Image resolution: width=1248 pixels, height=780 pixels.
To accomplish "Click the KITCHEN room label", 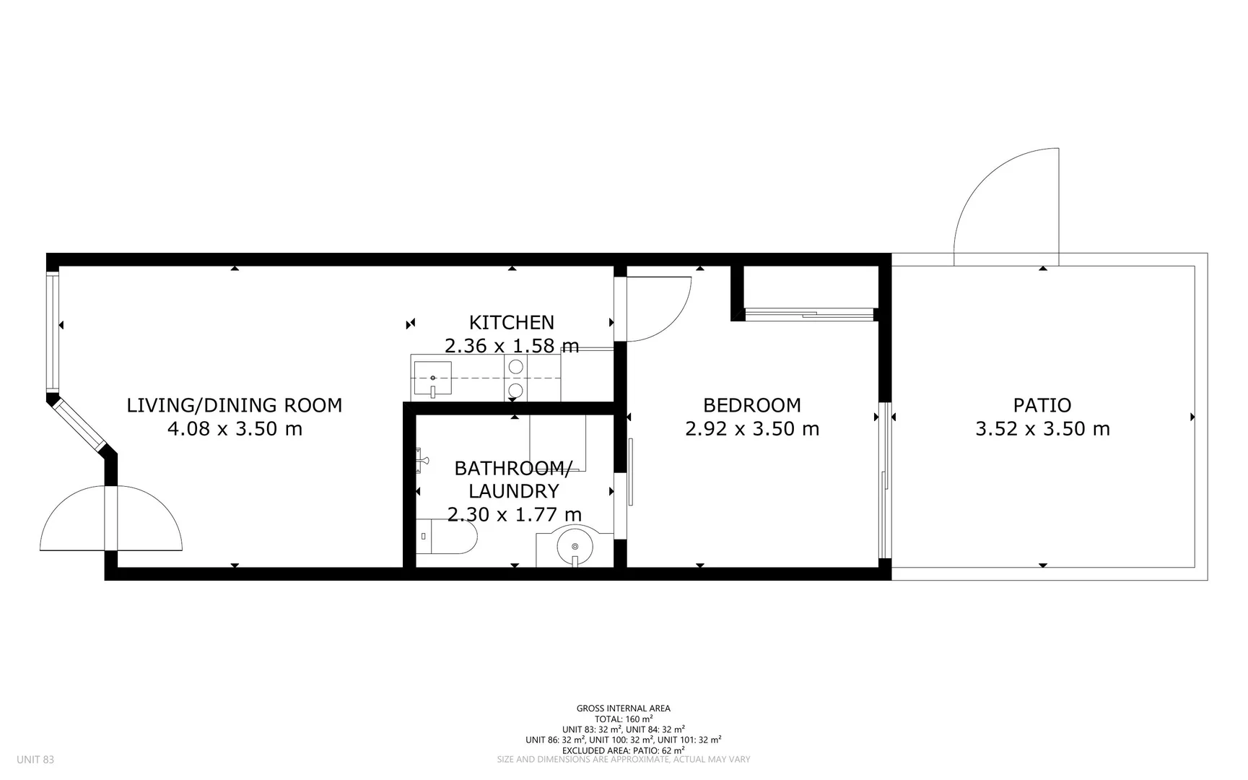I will point(511,322).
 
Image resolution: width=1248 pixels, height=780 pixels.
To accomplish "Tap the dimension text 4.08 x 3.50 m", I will point(235,429).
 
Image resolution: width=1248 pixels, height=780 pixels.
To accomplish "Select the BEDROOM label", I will point(751,405).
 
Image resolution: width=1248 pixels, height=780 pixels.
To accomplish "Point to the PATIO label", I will point(1042,405).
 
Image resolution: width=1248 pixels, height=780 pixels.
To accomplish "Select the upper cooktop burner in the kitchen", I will point(515,367).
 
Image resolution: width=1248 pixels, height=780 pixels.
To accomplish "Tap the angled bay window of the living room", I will point(78,426).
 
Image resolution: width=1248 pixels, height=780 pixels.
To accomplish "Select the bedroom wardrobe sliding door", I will point(808,313).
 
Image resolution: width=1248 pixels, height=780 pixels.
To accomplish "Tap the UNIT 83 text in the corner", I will point(35,760).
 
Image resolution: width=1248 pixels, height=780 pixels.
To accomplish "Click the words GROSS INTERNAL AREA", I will point(623,708).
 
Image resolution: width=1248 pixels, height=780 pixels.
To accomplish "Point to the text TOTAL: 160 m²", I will point(623,719).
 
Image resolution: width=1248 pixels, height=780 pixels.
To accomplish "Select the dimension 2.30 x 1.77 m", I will point(514,515).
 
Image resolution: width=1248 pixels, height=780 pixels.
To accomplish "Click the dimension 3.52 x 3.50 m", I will point(1042,429).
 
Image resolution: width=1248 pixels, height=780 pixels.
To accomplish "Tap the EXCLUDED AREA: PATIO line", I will point(623,750).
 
